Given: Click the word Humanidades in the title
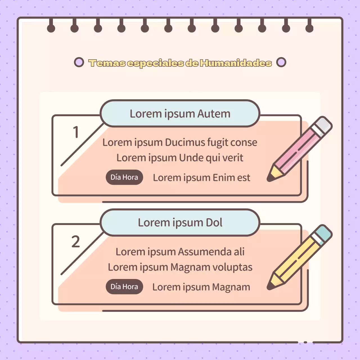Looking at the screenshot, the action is pyautogui.click(x=236, y=63).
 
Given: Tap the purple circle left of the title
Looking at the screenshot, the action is pyautogui.click(x=79, y=62).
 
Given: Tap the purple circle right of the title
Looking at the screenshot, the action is pyautogui.click(x=281, y=62).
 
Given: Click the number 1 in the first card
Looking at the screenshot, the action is pyautogui.click(x=76, y=132).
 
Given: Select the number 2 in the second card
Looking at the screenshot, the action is pyautogui.click(x=75, y=241).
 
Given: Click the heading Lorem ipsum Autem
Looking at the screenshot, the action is pyautogui.click(x=180, y=114).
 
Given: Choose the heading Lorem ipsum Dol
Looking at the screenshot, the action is pyautogui.click(x=180, y=222).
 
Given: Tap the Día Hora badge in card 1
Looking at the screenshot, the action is pyautogui.click(x=124, y=177).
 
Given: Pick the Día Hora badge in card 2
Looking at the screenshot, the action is pyautogui.click(x=124, y=287).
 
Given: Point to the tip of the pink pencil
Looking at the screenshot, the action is pyautogui.click(x=270, y=178).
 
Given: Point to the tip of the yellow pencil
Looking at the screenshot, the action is pyautogui.click(x=270, y=287).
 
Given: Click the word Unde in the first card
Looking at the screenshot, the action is pyautogui.click(x=191, y=158).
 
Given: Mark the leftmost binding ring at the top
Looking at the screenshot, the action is pyautogui.click(x=51, y=28).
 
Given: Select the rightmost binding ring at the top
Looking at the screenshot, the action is pyautogui.click(x=309, y=28).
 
